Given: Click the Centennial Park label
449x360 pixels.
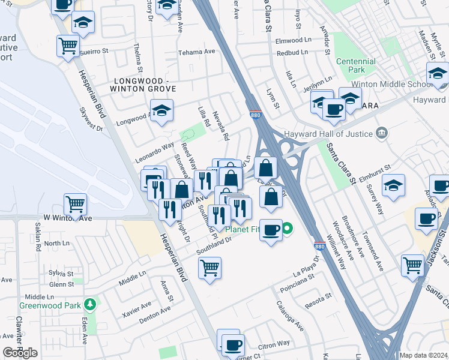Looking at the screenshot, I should (356, 65).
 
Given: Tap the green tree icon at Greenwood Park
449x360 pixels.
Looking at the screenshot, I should (90, 305).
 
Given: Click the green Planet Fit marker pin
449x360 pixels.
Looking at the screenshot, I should (288, 228).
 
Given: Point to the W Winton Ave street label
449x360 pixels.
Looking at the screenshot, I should (67, 218).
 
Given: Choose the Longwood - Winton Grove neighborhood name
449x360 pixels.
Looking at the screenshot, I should (139, 84).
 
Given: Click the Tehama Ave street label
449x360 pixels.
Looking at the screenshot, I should (197, 52).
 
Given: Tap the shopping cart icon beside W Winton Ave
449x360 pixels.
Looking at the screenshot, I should (75, 203).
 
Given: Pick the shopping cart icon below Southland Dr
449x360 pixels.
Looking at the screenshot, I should (209, 267).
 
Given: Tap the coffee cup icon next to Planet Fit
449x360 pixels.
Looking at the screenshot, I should (271, 229).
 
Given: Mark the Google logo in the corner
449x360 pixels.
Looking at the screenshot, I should (20, 353).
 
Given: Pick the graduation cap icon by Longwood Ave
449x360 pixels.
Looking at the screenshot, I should (161, 110).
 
